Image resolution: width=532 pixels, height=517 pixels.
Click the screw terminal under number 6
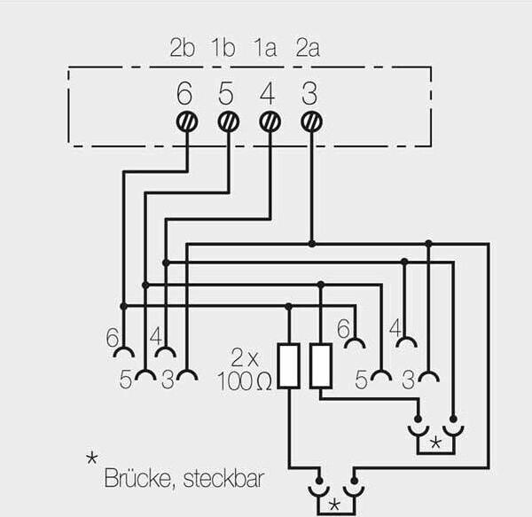coord(187,121)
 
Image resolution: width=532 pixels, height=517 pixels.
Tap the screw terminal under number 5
coord(228,121)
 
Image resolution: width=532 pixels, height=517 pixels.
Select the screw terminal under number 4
coord(269,121)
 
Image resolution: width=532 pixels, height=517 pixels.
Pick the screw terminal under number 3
coord(309,121)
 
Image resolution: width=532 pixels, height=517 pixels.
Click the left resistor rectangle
coord(289,366)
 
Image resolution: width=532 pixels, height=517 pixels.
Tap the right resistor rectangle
coord(321,366)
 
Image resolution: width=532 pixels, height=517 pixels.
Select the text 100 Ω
coord(244,382)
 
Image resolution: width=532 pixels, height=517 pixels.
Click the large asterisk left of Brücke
coord(91,459)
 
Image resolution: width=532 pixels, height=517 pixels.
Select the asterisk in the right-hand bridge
coord(434,441)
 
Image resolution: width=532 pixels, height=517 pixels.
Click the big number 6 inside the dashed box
coord(184,91)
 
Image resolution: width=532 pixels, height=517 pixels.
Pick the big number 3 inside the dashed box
coord(309,91)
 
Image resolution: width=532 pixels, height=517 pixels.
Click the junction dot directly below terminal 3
coord(310,243)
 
